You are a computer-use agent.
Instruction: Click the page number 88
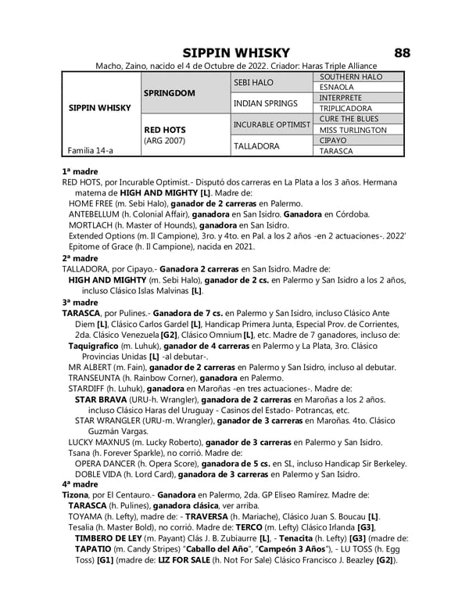click(402, 52)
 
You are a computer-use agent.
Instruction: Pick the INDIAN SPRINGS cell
click(266, 103)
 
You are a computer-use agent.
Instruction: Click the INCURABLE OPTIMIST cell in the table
click(273, 124)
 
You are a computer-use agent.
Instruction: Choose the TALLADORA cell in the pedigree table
click(256, 145)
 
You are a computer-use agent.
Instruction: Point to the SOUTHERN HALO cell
click(351, 77)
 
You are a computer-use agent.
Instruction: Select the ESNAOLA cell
click(337, 88)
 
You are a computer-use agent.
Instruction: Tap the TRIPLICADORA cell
click(346, 109)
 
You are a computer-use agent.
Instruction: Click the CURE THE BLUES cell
click(349, 119)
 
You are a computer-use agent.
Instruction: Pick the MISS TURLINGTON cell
click(353, 130)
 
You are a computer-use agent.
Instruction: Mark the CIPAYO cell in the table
click(334, 140)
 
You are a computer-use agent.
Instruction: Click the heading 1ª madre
click(80, 170)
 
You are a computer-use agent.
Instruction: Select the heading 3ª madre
click(80, 301)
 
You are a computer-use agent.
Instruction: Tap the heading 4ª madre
click(80, 484)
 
